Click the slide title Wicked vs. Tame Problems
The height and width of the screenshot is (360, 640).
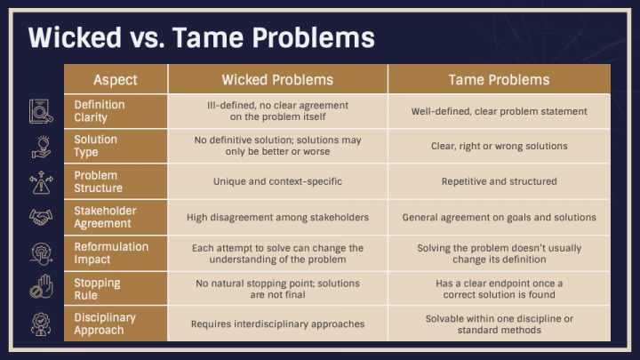[201, 38]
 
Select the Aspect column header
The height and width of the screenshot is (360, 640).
[116, 79]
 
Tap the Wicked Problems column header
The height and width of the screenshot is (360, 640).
[277, 79]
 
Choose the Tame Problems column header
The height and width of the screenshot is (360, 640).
[499, 79]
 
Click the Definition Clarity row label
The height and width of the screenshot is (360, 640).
[100, 111]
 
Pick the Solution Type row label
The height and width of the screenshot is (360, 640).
[96, 146]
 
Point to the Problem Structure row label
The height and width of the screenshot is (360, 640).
[99, 181]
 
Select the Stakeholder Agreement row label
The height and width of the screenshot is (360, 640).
[106, 217]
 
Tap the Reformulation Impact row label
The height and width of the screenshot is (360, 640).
[111, 252]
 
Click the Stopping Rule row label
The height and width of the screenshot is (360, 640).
[98, 289]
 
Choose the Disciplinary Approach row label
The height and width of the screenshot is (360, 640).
[107, 324]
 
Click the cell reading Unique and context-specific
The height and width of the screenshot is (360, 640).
[277, 181]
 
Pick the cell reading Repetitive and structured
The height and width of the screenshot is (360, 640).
[499, 181]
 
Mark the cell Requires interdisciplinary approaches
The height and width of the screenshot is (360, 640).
[277, 324]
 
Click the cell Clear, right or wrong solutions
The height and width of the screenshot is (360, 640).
[499, 146]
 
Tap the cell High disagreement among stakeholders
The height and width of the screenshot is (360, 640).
[277, 217]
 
